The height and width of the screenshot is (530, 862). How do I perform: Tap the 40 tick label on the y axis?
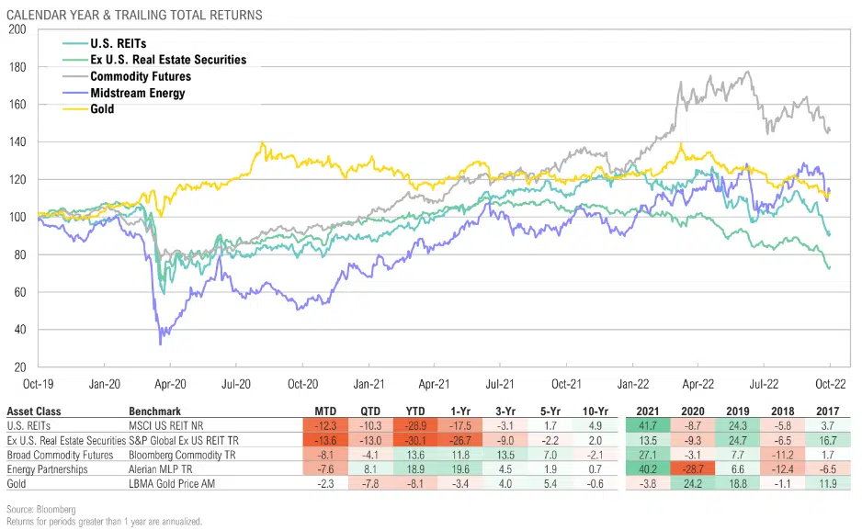[x=19, y=330]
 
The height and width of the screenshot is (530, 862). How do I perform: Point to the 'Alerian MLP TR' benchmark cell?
[x=164, y=468]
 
